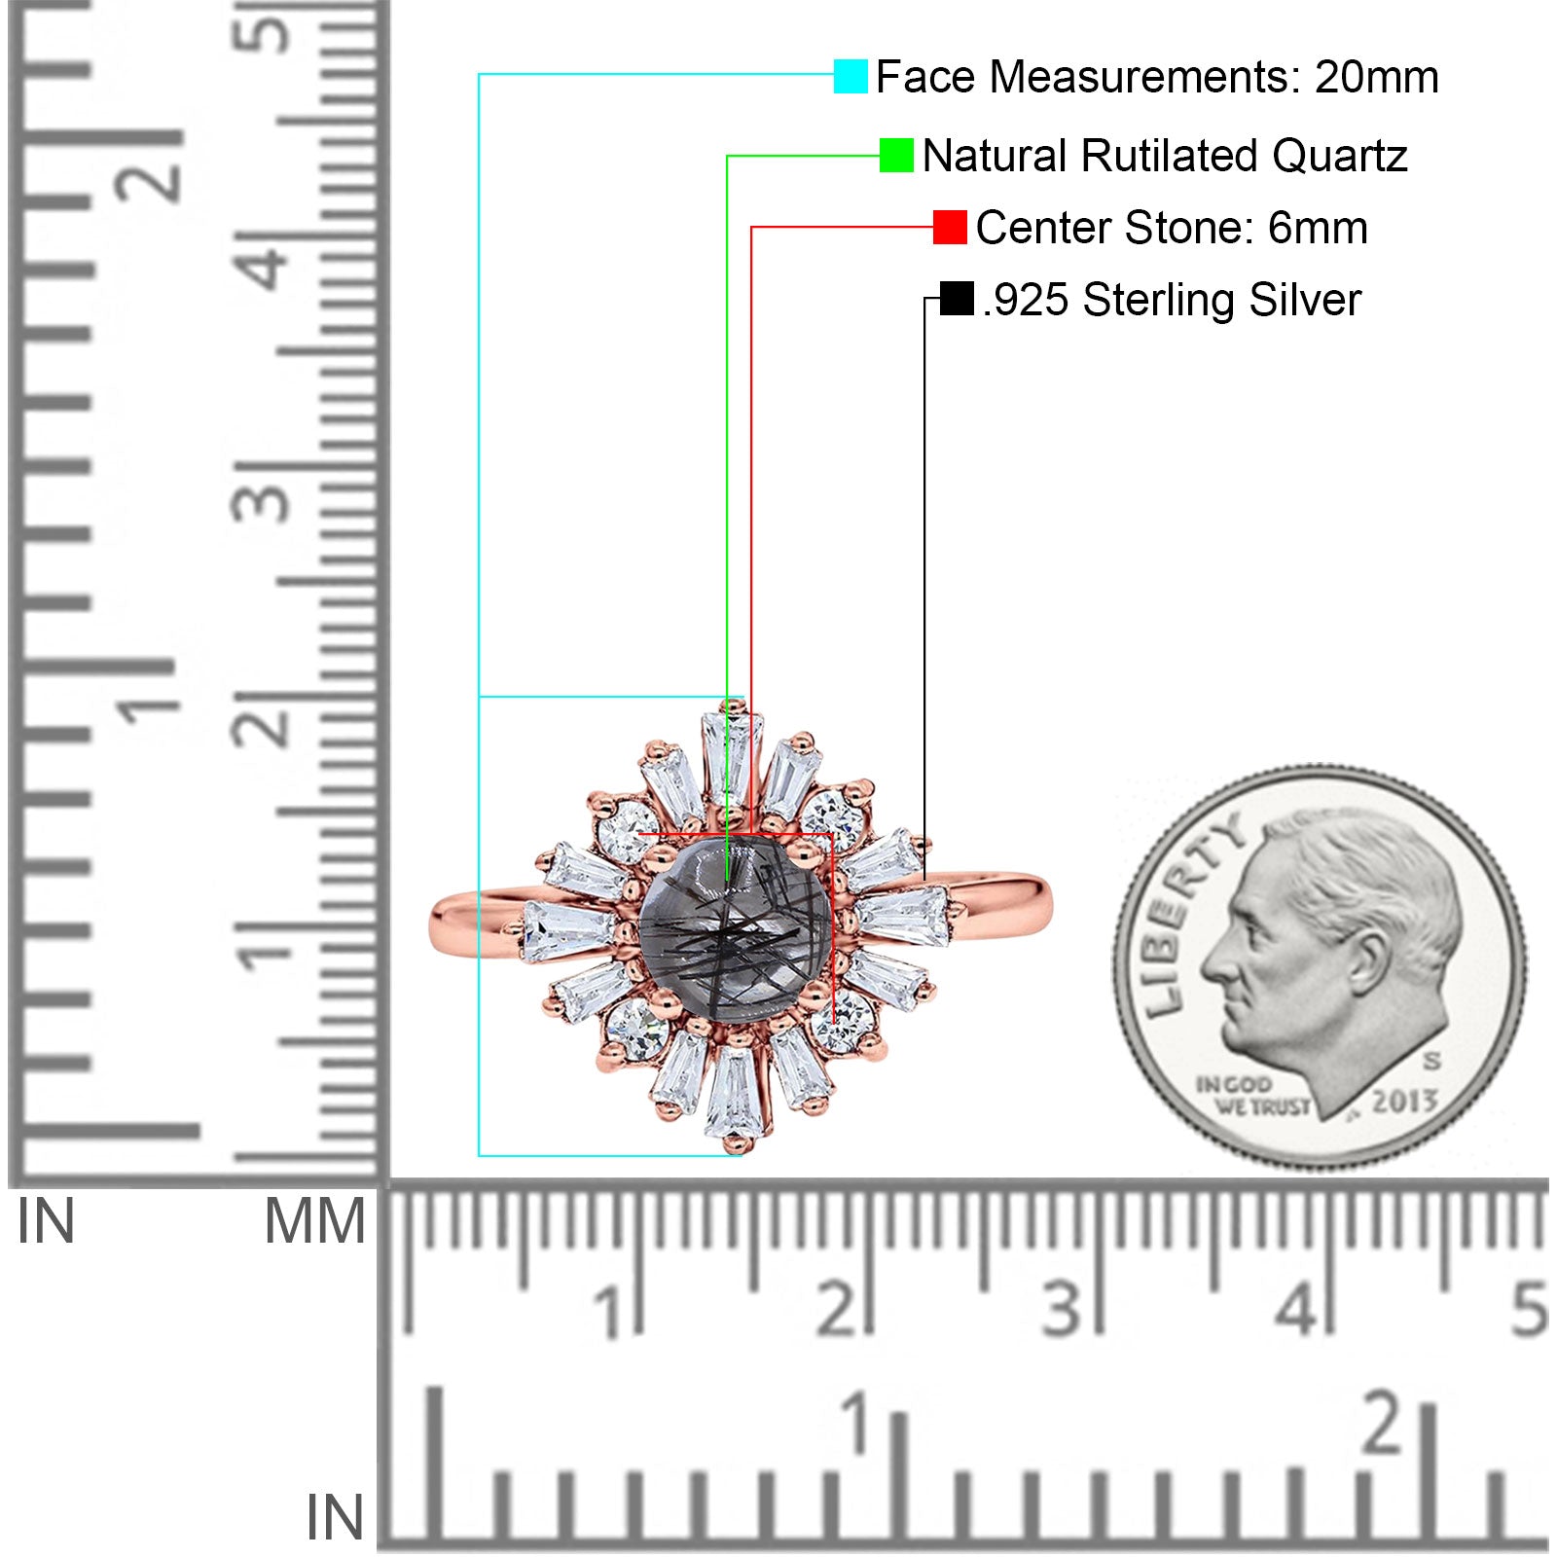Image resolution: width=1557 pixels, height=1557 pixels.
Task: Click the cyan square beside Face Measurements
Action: [x=851, y=76]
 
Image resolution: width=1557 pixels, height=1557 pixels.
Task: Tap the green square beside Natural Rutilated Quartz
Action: [x=896, y=155]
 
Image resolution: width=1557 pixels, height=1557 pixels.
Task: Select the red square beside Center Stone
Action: [x=950, y=227]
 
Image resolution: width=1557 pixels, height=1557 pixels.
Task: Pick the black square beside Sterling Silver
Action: [x=958, y=299]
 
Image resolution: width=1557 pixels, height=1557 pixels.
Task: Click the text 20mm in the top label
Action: [x=1376, y=77]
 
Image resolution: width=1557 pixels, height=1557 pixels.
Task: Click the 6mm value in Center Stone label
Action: [x=1318, y=228]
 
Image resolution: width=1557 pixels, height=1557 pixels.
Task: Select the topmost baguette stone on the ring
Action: [x=731, y=759]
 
